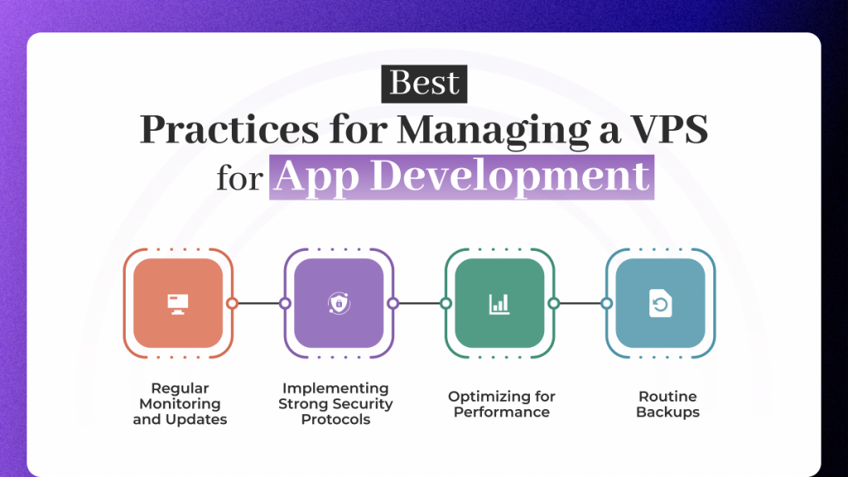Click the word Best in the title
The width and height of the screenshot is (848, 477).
pyautogui.click(x=424, y=84)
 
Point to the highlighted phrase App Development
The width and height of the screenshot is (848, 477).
pyautogui.click(x=461, y=176)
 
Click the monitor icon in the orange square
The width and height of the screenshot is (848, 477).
pyautogui.click(x=176, y=303)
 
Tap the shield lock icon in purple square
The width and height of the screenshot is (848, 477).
pyautogui.click(x=337, y=303)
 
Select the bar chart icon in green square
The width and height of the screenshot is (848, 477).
pyautogui.click(x=499, y=303)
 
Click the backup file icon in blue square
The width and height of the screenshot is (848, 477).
pyautogui.click(x=660, y=303)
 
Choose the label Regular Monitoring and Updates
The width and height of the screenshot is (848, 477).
pyautogui.click(x=180, y=403)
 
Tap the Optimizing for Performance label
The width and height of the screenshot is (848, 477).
pyautogui.click(x=502, y=404)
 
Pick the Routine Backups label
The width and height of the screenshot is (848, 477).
pyautogui.click(x=667, y=404)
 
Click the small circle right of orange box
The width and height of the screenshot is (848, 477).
pyautogui.click(x=232, y=303)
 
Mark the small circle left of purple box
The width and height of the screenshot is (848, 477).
pyautogui.click(x=285, y=303)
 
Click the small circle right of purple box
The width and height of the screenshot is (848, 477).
pyautogui.click(x=393, y=303)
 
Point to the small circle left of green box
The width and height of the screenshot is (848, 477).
pyautogui.click(x=446, y=303)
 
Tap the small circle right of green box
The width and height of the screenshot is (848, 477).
pyautogui.click(x=553, y=303)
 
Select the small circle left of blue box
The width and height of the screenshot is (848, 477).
pyautogui.click(x=606, y=303)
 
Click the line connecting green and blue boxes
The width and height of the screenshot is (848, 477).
pyautogui.click(x=580, y=303)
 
